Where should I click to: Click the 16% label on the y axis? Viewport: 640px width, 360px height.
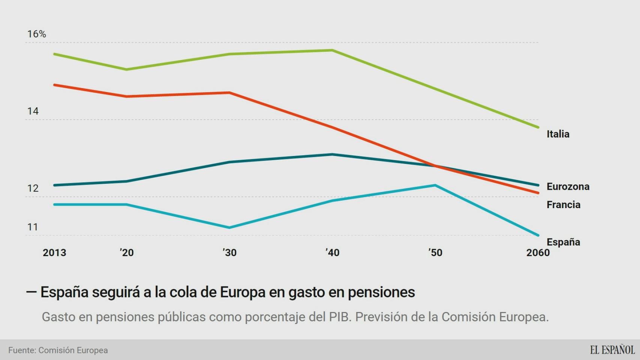click(36, 34)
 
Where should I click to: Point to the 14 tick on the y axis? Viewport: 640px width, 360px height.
click(33, 111)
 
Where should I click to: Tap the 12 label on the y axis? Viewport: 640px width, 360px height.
click(33, 188)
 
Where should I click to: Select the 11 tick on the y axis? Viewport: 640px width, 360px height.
click(33, 227)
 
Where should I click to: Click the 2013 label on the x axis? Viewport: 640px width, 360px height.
click(54, 252)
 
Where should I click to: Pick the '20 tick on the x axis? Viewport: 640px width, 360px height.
click(127, 252)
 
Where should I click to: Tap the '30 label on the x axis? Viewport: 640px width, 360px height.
click(230, 252)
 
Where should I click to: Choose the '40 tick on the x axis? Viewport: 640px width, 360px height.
click(332, 252)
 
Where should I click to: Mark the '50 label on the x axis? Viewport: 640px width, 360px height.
click(435, 252)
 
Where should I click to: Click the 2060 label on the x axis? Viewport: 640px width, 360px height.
click(538, 252)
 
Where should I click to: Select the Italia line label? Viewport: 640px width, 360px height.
click(558, 134)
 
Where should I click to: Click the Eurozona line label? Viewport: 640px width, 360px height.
click(568, 186)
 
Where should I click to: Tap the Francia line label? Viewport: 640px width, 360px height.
click(563, 204)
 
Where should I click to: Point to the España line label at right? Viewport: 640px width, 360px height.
click(563, 242)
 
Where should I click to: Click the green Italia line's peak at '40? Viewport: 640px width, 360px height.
click(332, 50)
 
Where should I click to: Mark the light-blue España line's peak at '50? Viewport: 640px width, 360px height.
click(435, 185)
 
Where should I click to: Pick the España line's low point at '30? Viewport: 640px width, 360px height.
click(230, 228)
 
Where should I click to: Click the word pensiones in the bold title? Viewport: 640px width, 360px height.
click(381, 292)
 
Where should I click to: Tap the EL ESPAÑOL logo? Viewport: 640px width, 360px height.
click(612, 350)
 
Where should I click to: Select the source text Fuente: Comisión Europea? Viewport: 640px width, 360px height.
click(58, 350)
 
